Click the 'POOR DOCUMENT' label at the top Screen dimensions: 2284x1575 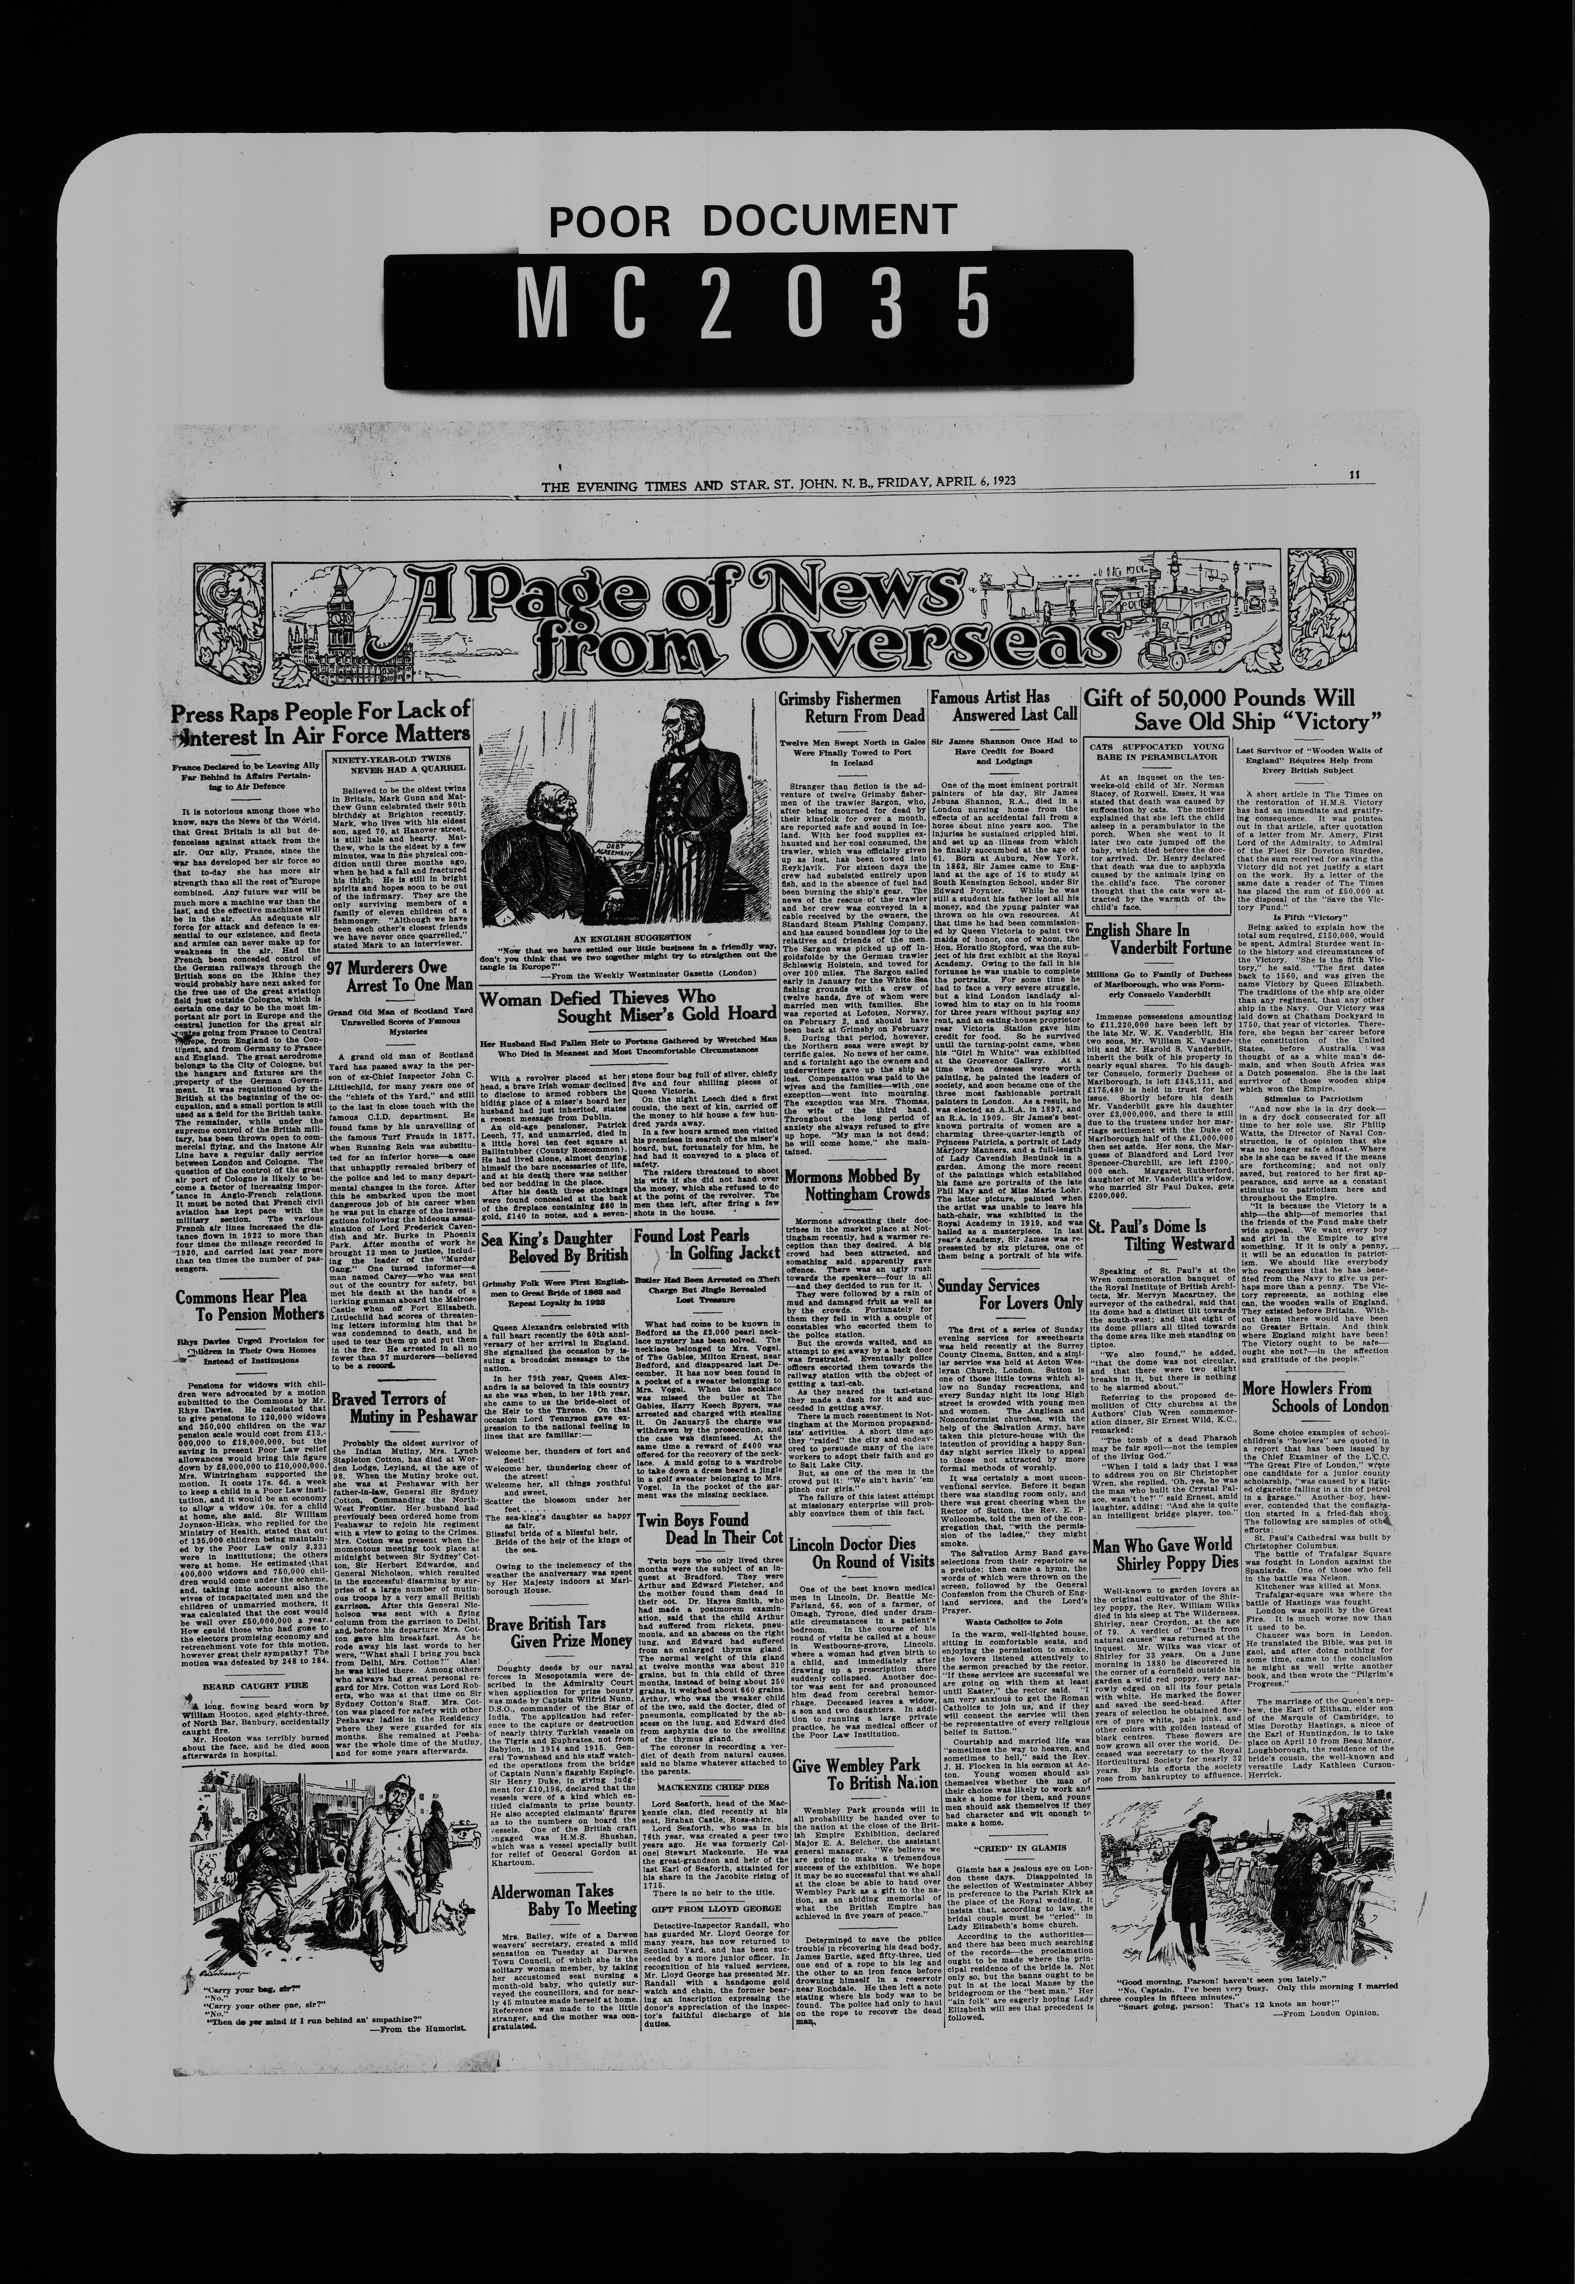(752, 222)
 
